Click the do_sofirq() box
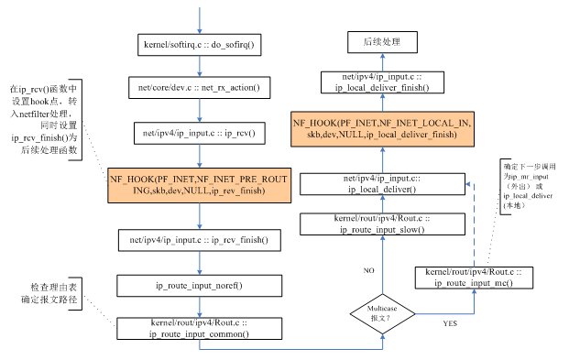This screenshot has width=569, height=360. click(199, 44)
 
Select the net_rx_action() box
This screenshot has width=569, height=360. click(199, 88)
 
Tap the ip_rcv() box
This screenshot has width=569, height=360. click(199, 134)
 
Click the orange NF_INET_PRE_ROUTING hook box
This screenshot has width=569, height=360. click(199, 186)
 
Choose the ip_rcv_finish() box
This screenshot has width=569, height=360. click(199, 240)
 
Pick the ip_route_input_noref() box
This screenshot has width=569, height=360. click(199, 286)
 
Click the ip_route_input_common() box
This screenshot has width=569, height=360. click(199, 329)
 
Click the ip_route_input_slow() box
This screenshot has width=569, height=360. click(383, 224)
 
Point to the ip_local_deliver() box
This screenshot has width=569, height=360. click(383, 182)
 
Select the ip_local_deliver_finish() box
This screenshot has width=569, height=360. click(383, 82)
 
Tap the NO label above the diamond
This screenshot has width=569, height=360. click(369, 271)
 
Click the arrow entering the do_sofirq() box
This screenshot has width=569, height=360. click(199, 18)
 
